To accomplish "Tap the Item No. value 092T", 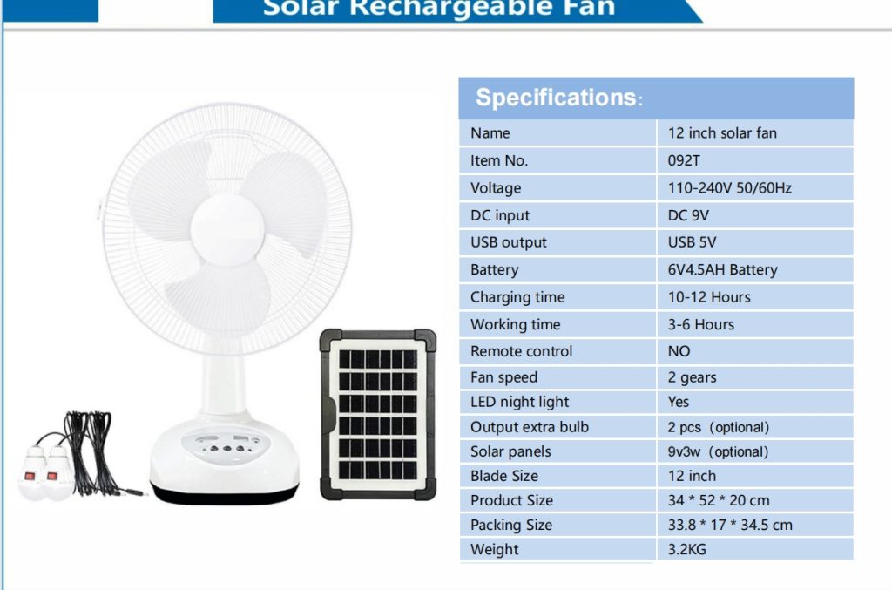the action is click(684, 161).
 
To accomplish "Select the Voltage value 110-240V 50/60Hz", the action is click(729, 188).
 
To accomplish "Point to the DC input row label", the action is click(499, 215).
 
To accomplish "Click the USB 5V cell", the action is click(692, 242).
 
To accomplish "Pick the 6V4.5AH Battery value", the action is click(722, 269).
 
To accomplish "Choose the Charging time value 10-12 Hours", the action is click(709, 297).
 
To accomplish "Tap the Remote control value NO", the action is click(679, 351).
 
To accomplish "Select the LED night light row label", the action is click(519, 403).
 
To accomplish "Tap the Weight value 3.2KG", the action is click(686, 550).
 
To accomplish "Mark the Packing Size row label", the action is click(510, 526).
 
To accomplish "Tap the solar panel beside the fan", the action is click(378, 415).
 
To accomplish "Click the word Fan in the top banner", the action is click(591, 8).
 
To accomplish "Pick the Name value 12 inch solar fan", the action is click(722, 133).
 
